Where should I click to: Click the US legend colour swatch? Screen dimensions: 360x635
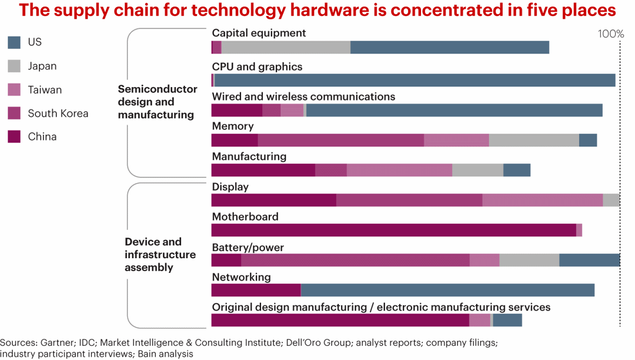[x=15, y=42]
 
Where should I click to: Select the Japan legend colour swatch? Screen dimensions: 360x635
[x=15, y=66]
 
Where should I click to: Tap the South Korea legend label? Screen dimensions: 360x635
[x=58, y=114]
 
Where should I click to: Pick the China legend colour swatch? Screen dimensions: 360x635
[x=15, y=137]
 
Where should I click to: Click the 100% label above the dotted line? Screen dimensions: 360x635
[x=610, y=34]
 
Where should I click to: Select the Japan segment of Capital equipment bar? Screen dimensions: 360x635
[x=286, y=48]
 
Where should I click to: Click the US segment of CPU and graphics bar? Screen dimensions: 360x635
[x=415, y=81]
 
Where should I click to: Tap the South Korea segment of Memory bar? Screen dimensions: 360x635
[x=340, y=140]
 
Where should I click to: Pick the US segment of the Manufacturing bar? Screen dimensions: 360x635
[x=517, y=170]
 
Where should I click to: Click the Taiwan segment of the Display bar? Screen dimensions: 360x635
[x=542, y=200]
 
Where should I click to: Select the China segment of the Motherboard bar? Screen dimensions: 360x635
[x=393, y=230]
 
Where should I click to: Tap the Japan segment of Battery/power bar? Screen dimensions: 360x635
[x=529, y=260]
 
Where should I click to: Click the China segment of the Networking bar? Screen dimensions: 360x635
[x=256, y=290]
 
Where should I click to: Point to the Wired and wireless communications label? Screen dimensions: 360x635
[x=303, y=96]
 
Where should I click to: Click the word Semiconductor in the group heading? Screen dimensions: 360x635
[x=158, y=89]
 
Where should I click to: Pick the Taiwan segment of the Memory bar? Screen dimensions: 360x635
[x=456, y=140]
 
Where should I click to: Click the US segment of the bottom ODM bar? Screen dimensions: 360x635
[x=507, y=320]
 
